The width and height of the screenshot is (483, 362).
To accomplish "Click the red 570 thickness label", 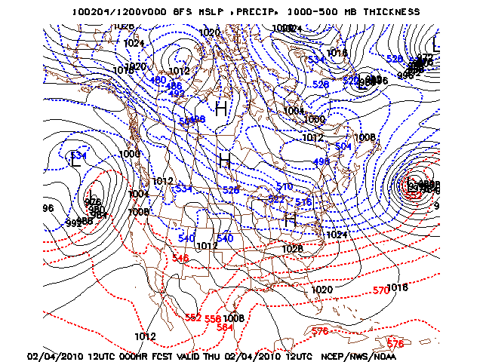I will point(381,290).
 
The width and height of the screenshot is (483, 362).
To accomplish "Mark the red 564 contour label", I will point(225,327).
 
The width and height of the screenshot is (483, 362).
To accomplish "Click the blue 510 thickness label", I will point(284,186).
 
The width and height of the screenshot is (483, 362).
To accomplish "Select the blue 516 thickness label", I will point(303,202).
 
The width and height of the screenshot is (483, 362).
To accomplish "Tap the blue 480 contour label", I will point(158,80).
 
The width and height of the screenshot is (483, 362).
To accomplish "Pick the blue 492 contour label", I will point(176,94).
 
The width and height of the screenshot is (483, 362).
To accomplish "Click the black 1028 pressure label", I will point(292,248).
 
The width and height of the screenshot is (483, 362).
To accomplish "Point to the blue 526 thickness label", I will point(321,84).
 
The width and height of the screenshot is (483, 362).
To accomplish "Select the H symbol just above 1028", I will point(289,220).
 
